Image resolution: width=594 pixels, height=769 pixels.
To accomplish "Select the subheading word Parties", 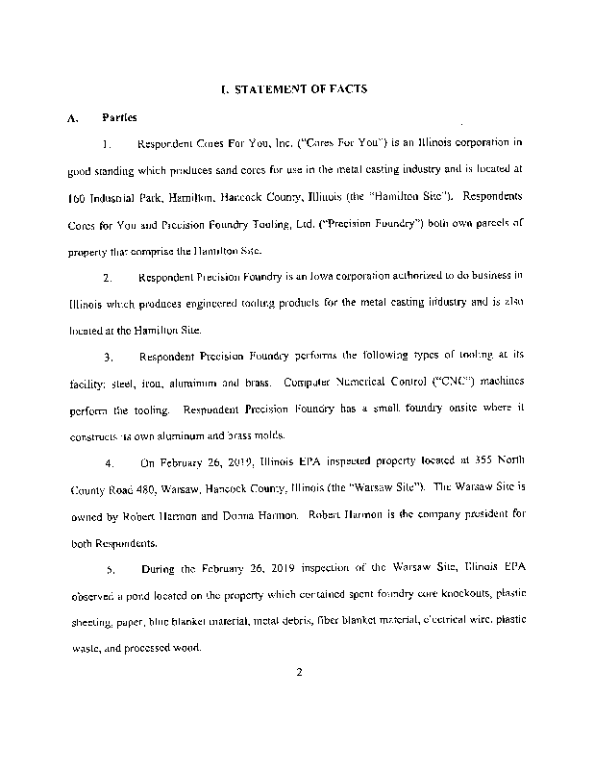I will [x=119, y=117].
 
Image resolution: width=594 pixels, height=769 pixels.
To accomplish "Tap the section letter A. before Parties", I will [x=72, y=118].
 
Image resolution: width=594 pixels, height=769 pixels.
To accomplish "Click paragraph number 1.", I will [x=110, y=144].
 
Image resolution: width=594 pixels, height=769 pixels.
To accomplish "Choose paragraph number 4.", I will [x=111, y=461].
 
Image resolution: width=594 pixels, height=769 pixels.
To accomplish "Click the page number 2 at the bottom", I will [x=300, y=672].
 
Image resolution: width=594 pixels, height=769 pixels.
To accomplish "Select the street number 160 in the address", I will [x=77, y=196].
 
